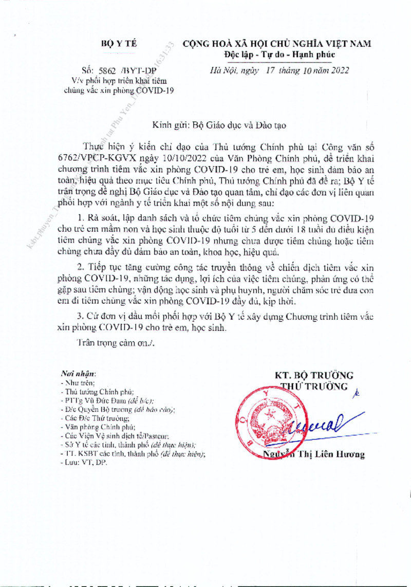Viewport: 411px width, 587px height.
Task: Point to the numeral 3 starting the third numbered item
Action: click(79, 315)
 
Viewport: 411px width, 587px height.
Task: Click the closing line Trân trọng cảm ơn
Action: click(114, 343)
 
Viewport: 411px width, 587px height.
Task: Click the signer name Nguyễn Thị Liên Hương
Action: click(314, 454)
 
